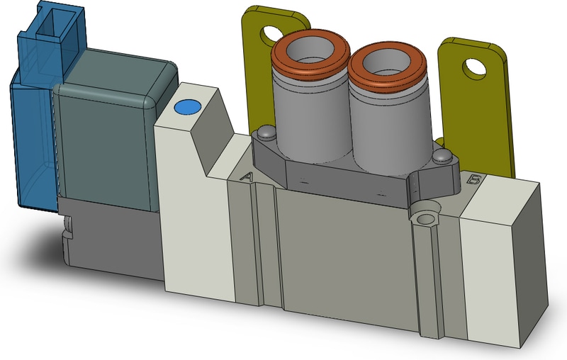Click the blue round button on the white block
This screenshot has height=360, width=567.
pos(186,107)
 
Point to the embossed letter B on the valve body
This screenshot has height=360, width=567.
pos(474,180)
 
